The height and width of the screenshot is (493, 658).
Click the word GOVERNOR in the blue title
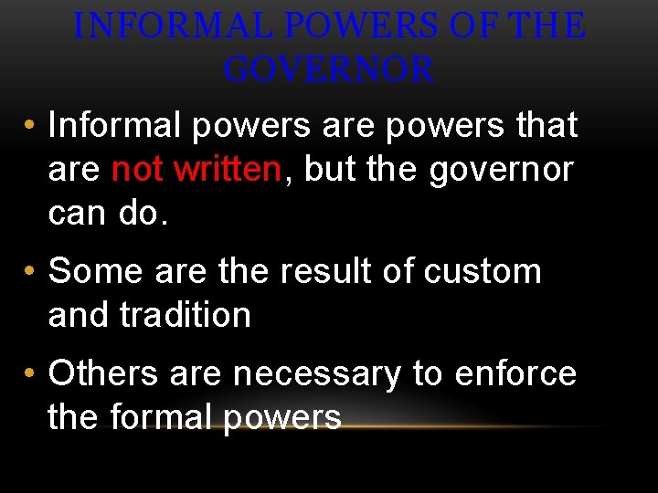pyautogui.click(x=328, y=68)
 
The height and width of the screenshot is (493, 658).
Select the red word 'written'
pyautogui.click(x=228, y=169)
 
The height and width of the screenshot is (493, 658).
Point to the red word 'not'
pyautogui.click(x=139, y=169)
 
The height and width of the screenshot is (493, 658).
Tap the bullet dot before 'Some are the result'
pyautogui.click(x=31, y=273)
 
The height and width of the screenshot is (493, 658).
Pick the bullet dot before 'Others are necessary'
pyautogui.click(x=31, y=375)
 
